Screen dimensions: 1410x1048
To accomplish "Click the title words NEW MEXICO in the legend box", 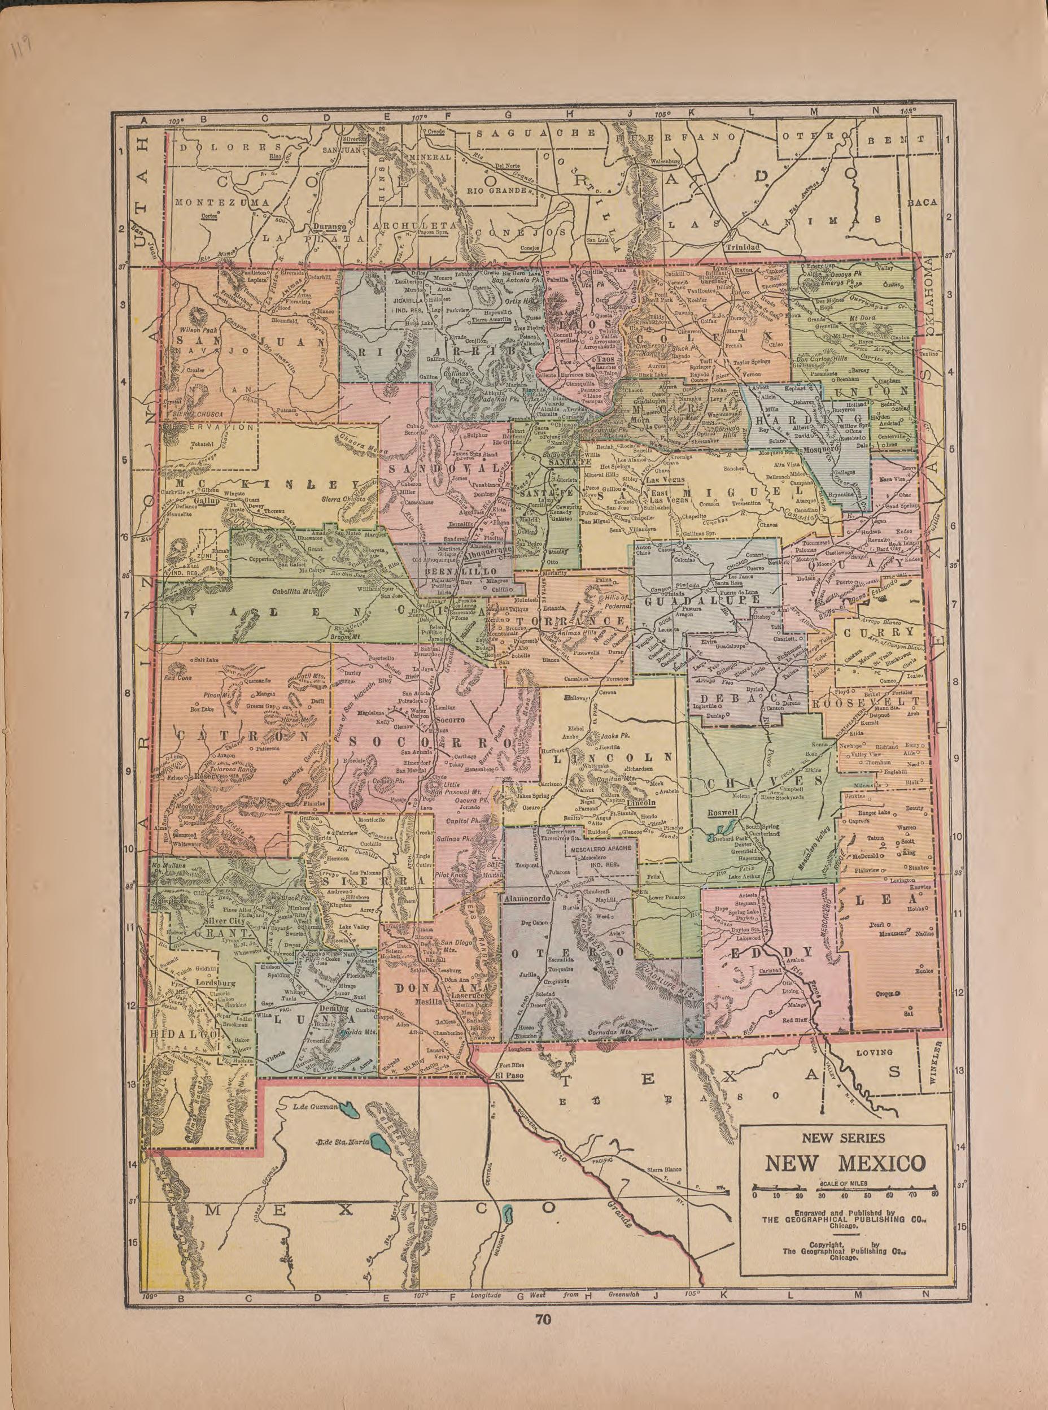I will click(x=844, y=1163).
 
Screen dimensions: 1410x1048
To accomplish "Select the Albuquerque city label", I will click(x=489, y=551).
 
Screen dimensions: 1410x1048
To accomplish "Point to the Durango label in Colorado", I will click(x=328, y=226).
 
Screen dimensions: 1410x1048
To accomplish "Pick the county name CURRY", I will click(x=878, y=632).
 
